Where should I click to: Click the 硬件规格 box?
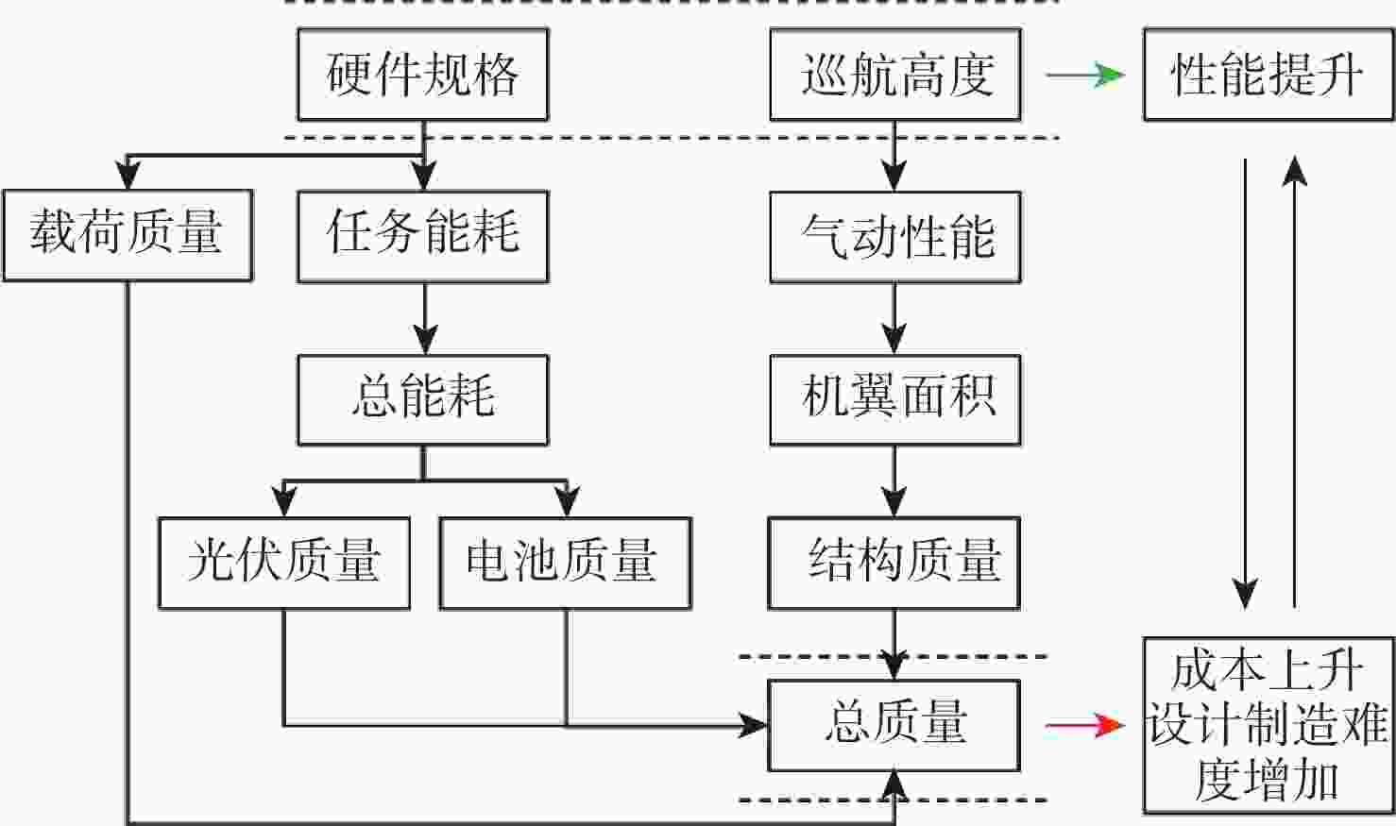coord(422,75)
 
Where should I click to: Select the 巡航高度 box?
coord(894,75)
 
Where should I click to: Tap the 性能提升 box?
coord(1268,75)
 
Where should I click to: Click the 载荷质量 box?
coord(127,235)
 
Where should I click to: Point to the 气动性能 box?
coord(894,236)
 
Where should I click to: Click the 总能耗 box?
coord(422,399)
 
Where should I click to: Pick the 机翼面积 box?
coord(894,399)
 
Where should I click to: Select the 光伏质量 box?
coord(283,563)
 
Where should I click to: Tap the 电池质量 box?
coord(565,563)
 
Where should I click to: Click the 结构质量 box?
coord(894,563)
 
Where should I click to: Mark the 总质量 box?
coord(894,725)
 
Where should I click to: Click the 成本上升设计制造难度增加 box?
coord(1268,725)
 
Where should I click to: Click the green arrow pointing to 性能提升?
coord(1086,75)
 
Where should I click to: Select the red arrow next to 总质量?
coord(1086,725)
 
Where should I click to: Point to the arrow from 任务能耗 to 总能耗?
coord(424,319)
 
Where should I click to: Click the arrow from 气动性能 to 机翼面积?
coord(894,319)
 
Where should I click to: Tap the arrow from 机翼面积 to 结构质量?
coord(894,481)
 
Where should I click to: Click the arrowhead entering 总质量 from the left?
coord(754,725)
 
